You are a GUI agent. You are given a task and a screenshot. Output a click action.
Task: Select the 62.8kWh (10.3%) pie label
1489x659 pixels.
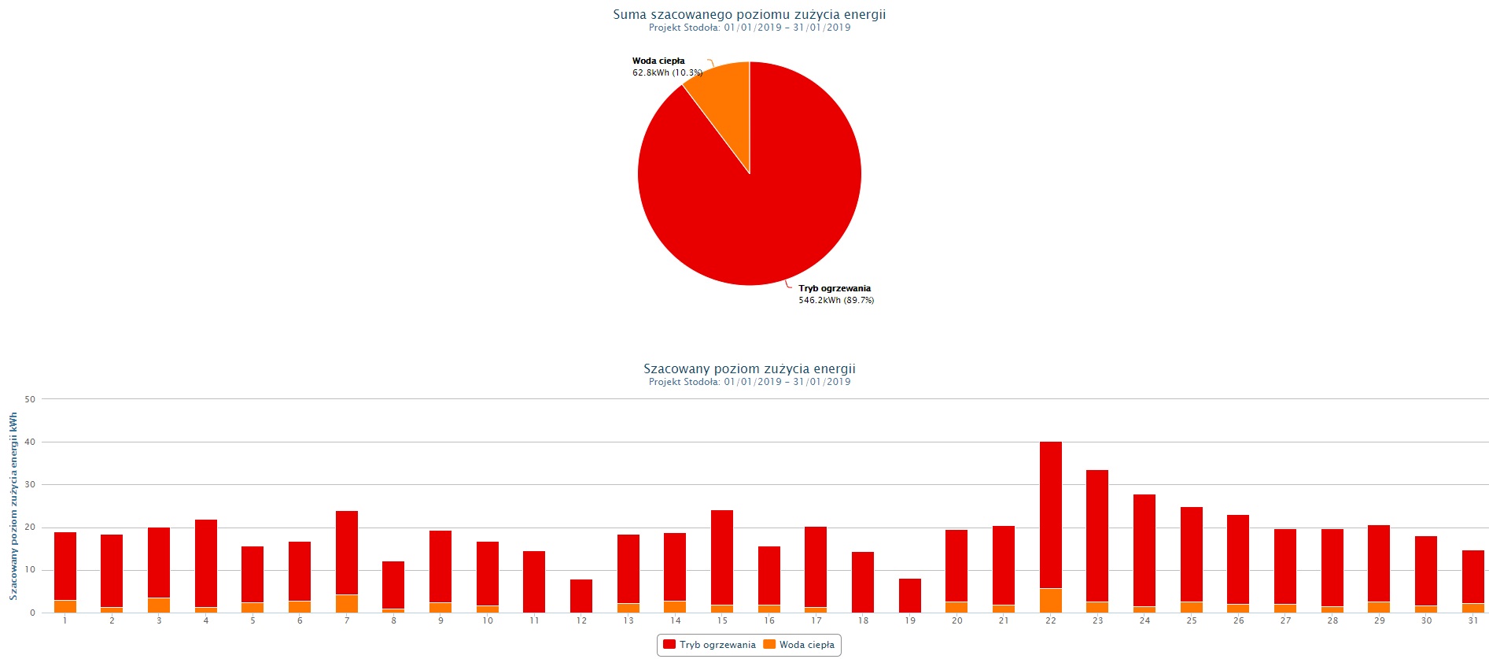(x=667, y=72)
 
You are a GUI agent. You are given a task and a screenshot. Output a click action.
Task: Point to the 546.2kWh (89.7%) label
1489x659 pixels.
(x=836, y=300)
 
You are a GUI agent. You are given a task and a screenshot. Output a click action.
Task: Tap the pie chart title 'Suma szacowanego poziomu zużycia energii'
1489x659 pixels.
(x=749, y=14)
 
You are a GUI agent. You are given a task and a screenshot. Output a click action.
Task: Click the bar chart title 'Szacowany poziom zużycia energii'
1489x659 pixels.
(x=749, y=368)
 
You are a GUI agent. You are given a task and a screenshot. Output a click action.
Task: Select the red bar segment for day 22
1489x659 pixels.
(x=1050, y=512)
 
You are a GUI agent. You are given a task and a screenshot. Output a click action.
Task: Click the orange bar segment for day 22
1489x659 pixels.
(x=1050, y=601)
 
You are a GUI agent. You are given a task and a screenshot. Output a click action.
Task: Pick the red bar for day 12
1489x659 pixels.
(x=580, y=596)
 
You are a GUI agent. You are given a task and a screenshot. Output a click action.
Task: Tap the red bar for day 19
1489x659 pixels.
(x=909, y=596)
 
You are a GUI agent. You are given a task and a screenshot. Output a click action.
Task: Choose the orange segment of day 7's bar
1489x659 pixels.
(x=346, y=604)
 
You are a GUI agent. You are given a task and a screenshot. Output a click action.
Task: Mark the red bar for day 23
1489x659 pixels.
(x=1096, y=535)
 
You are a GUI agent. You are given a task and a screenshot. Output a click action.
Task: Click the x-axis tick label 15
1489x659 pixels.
(x=722, y=620)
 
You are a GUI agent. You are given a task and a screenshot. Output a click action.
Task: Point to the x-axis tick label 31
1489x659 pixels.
(x=1472, y=620)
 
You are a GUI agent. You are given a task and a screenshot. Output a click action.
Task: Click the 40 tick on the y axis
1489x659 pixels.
(x=30, y=442)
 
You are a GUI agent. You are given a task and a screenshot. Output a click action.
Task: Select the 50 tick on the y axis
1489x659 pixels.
(x=30, y=399)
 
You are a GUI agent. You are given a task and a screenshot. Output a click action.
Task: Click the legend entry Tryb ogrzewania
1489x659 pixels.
(x=709, y=645)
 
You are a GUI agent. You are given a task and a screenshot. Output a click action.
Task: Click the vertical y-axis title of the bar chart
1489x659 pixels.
(x=13, y=506)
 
